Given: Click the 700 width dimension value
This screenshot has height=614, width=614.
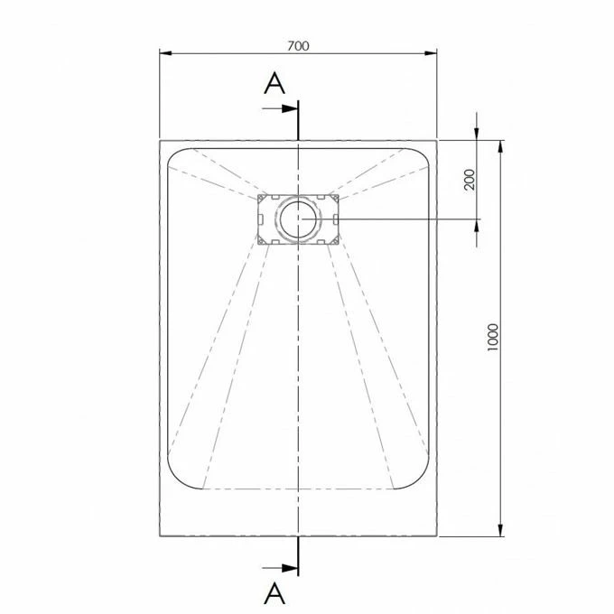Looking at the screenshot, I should click(x=298, y=46).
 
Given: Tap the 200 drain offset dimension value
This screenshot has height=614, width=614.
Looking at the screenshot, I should click(x=469, y=181).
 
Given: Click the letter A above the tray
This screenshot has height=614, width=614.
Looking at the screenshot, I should click(x=274, y=84).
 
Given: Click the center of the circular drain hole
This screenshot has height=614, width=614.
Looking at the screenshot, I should click(x=298, y=219).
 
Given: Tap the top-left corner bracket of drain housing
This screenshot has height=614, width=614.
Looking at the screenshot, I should click(x=263, y=198).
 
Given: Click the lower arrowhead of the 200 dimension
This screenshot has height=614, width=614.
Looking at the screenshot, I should click(x=478, y=226).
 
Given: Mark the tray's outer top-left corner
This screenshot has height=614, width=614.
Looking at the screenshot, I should click(x=160, y=141).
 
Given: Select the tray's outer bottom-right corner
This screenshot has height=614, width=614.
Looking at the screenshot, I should click(x=437, y=535).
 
